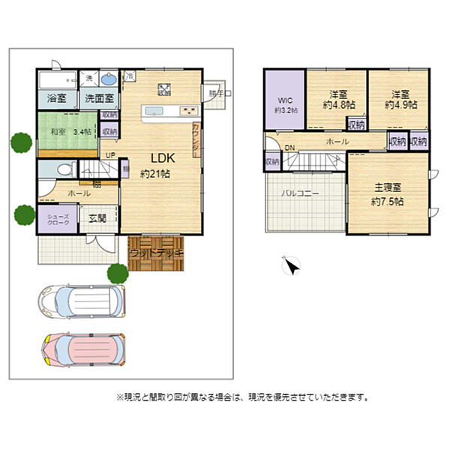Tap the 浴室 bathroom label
click(57, 98)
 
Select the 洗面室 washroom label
click(98, 98)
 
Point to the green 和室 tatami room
click(67, 130)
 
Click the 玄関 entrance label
click(97, 219)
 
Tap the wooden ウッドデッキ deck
click(156, 253)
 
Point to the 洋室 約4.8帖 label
click(338, 100)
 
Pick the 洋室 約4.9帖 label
click(400, 100)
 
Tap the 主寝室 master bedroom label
click(388, 195)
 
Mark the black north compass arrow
click(292, 265)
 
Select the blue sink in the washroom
click(108, 79)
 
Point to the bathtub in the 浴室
click(57, 79)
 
